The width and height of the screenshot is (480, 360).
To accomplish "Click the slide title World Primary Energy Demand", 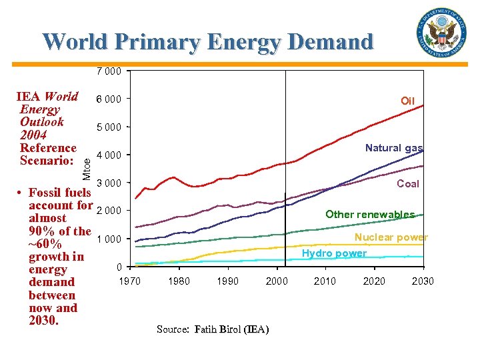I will coord(208,41).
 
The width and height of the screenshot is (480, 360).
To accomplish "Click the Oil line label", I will coord(407,101).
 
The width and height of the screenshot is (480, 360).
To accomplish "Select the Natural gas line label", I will coord(393,148).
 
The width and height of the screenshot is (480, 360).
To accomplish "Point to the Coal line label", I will coord(408,184).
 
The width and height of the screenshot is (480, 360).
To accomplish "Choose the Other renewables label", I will coord(369,214).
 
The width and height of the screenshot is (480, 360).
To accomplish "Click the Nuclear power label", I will coord(391,237).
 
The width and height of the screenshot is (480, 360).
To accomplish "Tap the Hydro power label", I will coord(334,253).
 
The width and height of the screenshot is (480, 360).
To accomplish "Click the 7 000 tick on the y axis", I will coord(109,71).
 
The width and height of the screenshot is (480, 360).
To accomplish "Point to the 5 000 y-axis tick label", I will coord(109,127).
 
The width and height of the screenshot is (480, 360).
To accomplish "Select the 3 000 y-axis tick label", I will coord(109,183).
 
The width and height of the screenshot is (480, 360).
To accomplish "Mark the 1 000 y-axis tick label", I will coord(109,239).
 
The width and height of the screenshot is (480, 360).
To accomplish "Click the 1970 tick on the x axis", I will coord(129,281).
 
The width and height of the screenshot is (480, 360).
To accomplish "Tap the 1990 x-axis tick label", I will coord(227,281).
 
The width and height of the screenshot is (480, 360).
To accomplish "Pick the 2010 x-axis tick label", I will coord(325,281).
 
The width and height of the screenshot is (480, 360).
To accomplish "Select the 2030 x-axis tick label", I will coord(422,281).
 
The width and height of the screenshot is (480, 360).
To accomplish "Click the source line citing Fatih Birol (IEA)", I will coord(213,329).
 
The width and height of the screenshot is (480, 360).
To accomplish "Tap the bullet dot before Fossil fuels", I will coord(21,193).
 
